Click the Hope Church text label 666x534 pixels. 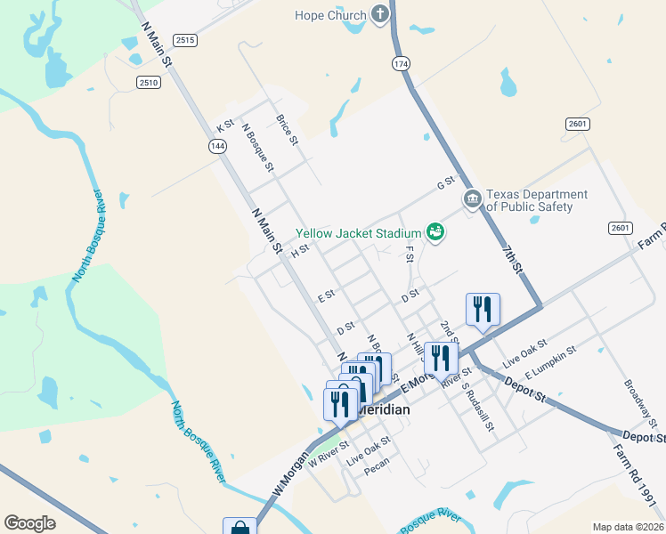[330, 15]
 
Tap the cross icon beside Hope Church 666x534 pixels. [380, 14]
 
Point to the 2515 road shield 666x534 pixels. [185, 40]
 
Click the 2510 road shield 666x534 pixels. [148, 82]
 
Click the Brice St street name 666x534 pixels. [287, 130]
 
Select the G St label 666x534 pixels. [445, 184]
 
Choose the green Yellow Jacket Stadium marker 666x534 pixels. [435, 232]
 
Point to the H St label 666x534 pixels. [299, 252]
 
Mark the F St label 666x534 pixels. [410, 255]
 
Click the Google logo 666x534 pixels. [29, 523]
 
